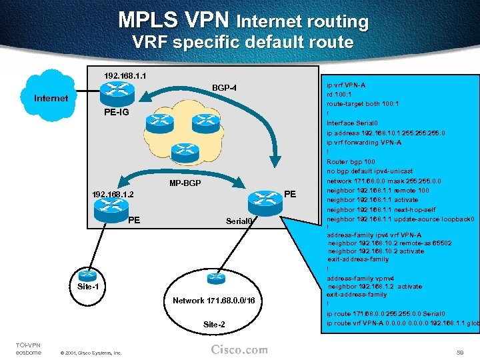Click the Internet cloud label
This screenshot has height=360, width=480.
(x=51, y=98)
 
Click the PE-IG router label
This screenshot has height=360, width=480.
(x=117, y=112)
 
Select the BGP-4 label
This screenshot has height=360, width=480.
(x=224, y=87)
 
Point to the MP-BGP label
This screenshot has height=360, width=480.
(x=185, y=183)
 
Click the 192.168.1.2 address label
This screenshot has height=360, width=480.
(x=113, y=195)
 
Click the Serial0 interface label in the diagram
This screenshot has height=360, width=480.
(x=239, y=221)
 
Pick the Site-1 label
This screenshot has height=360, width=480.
(x=87, y=286)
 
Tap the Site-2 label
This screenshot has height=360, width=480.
(x=214, y=324)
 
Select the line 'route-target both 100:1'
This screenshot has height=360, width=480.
(x=363, y=104)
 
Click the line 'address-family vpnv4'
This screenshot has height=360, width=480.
(x=361, y=277)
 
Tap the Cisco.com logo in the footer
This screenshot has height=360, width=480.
(x=239, y=349)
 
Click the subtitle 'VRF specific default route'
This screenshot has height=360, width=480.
(x=243, y=43)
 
